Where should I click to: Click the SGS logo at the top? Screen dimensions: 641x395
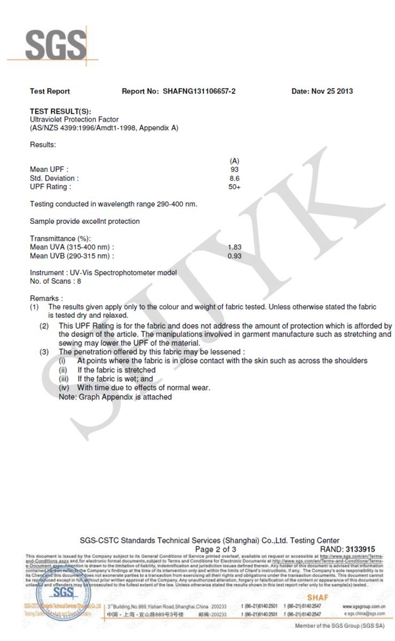pos(55,45)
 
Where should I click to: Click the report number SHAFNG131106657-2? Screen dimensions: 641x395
pos(199,91)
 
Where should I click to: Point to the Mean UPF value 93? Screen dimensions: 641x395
pos(234,169)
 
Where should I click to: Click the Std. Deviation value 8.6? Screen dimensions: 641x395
pos(234,178)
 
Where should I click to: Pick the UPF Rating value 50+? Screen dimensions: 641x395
pos(234,187)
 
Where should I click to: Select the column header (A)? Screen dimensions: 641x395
pos(234,161)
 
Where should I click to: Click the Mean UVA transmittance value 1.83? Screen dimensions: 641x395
pos(234,247)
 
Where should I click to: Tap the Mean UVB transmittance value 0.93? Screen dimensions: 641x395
pos(234,256)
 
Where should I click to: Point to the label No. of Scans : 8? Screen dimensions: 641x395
pos(56,281)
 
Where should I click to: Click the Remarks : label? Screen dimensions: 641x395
pos(47,298)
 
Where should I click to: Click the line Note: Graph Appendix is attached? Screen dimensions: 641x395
pos(115,397)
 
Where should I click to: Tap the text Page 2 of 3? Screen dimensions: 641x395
pos(215,549)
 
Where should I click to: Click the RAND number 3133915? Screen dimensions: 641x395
pos(360,549)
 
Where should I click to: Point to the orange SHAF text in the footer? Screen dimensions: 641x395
pos(317,597)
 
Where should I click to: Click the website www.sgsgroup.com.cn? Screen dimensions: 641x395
pos(365,607)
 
